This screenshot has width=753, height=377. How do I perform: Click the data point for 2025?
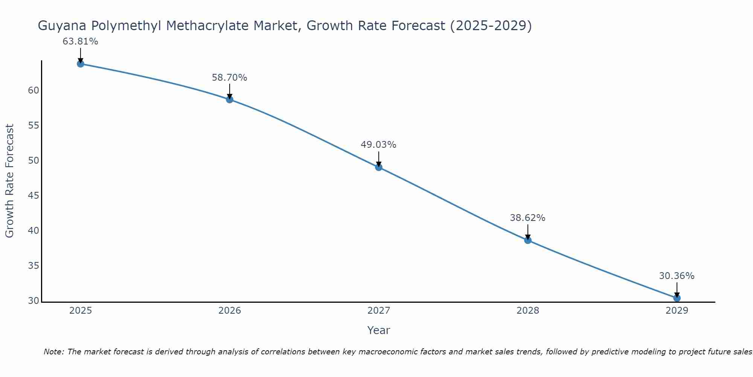click(80, 64)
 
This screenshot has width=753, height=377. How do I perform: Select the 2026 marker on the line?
click(230, 100)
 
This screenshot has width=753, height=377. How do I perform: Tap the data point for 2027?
click(379, 167)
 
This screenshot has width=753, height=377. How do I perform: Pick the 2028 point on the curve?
click(528, 240)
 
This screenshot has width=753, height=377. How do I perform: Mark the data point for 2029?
click(677, 298)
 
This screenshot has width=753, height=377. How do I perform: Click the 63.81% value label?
click(80, 41)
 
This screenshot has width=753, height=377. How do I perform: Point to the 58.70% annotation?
click(230, 78)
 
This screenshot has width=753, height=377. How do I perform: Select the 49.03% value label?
click(379, 145)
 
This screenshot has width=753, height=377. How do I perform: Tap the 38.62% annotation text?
click(528, 218)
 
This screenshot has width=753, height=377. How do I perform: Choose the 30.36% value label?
click(677, 276)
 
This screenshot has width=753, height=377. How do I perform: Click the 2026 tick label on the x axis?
click(230, 311)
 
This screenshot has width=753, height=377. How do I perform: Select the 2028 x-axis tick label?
click(528, 311)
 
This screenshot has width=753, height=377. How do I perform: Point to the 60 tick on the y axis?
click(34, 90)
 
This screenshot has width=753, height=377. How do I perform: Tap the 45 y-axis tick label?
click(34, 196)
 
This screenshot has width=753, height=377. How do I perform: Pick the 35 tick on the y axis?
click(34, 266)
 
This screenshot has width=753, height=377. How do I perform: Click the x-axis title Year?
click(379, 330)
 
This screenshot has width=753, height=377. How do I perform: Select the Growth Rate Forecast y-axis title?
click(10, 181)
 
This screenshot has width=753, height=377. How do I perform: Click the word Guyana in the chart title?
click(62, 26)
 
